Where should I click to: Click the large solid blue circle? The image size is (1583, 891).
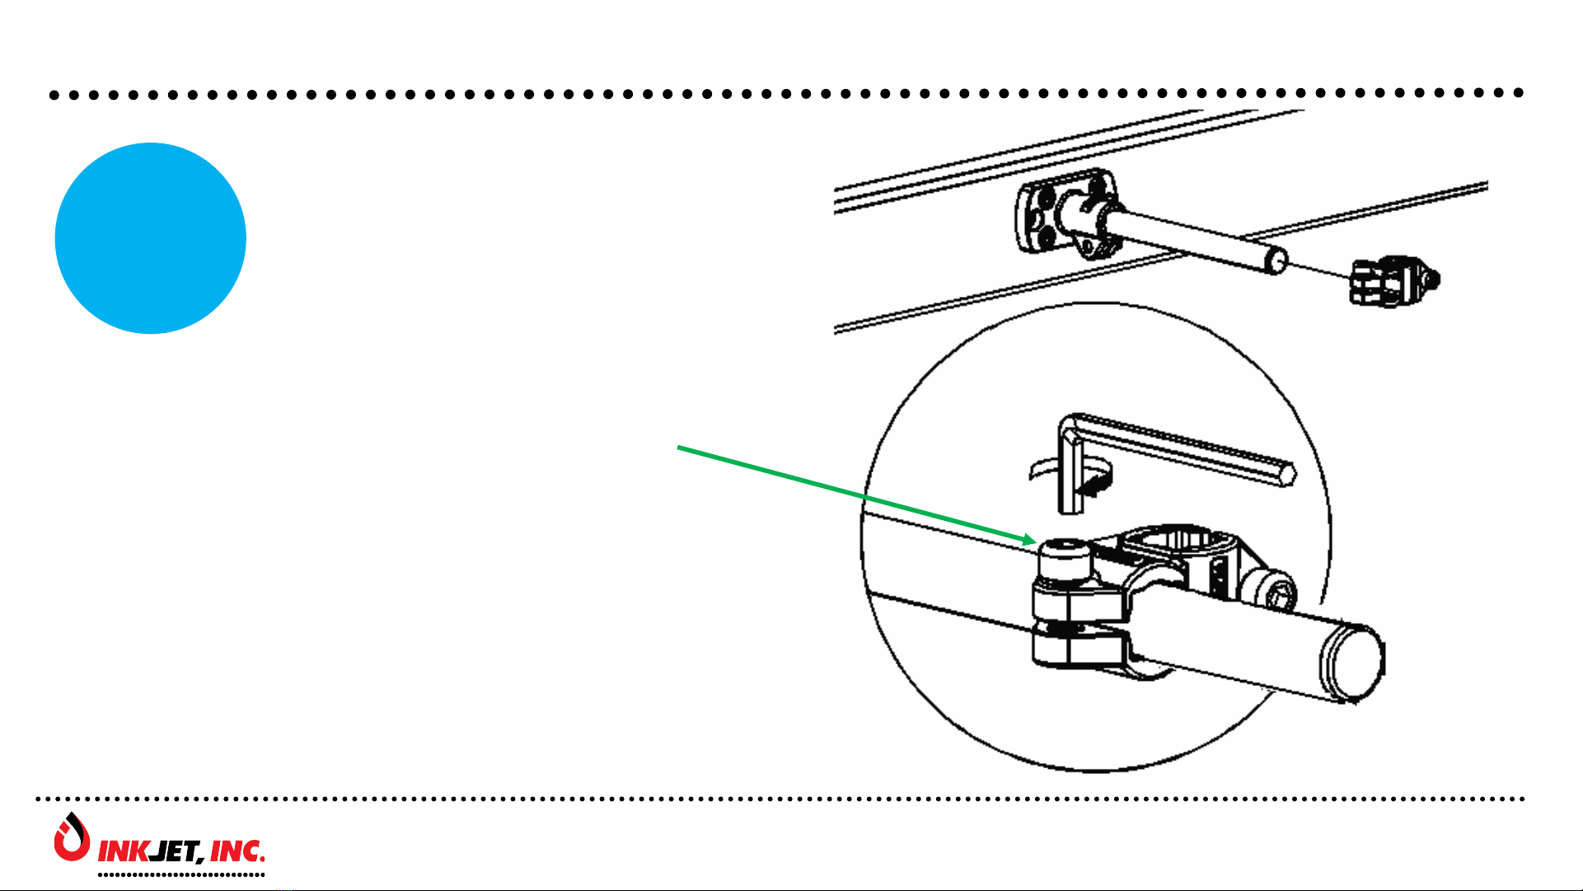(x=150, y=238)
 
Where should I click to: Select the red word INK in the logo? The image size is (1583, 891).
(x=123, y=851)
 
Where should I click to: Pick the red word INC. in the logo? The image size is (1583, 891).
(x=237, y=851)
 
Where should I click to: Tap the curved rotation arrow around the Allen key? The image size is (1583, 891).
(x=1071, y=478)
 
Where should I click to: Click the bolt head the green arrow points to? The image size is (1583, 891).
(x=1064, y=560)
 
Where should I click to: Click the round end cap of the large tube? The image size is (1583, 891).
(x=1354, y=661)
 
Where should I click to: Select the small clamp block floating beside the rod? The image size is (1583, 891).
(x=1393, y=282)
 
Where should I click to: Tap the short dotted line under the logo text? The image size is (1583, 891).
(x=181, y=874)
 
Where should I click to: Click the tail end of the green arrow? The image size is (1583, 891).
(x=679, y=448)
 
